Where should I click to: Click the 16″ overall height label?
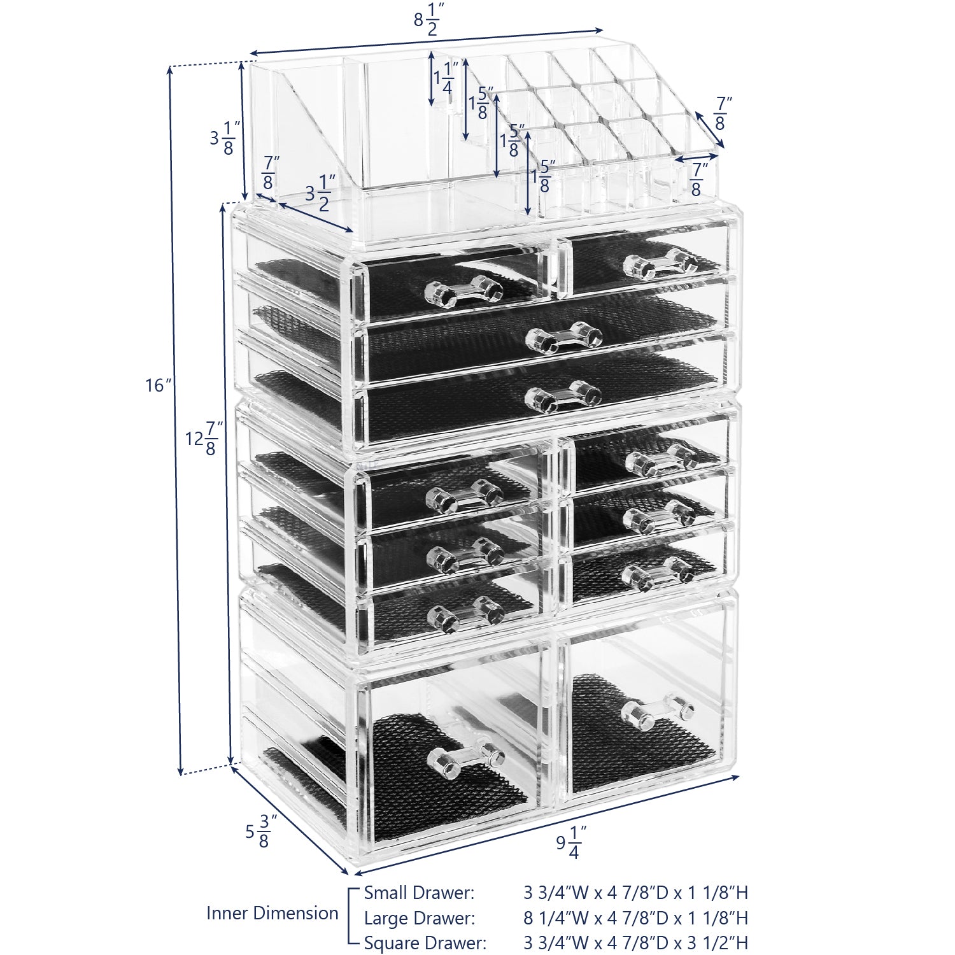click(x=158, y=385)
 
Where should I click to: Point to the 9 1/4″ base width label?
click(x=570, y=842)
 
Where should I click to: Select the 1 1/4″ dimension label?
click(x=446, y=78)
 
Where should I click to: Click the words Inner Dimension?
click(x=272, y=913)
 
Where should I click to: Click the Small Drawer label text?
click(x=419, y=893)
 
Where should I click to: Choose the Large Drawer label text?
click(x=419, y=918)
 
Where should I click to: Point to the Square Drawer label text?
click(x=425, y=943)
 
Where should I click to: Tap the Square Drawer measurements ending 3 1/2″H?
click(x=635, y=943)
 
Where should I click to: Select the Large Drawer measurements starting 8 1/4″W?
click(x=635, y=918)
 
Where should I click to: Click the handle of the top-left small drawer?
click(x=463, y=292)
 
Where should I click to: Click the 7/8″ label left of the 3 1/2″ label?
click(x=269, y=174)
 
